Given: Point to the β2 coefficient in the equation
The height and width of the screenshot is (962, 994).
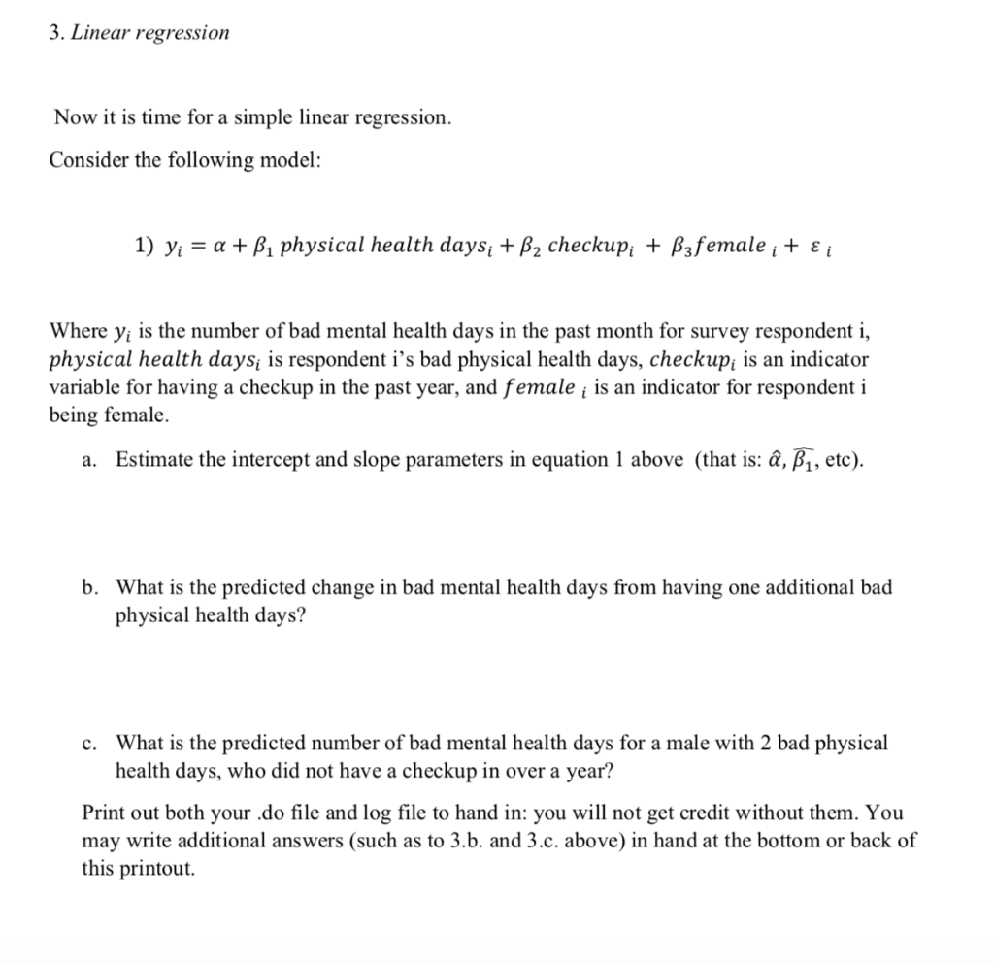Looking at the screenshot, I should pos(530,246).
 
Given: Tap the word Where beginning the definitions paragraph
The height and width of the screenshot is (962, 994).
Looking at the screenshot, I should pos(75,334).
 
